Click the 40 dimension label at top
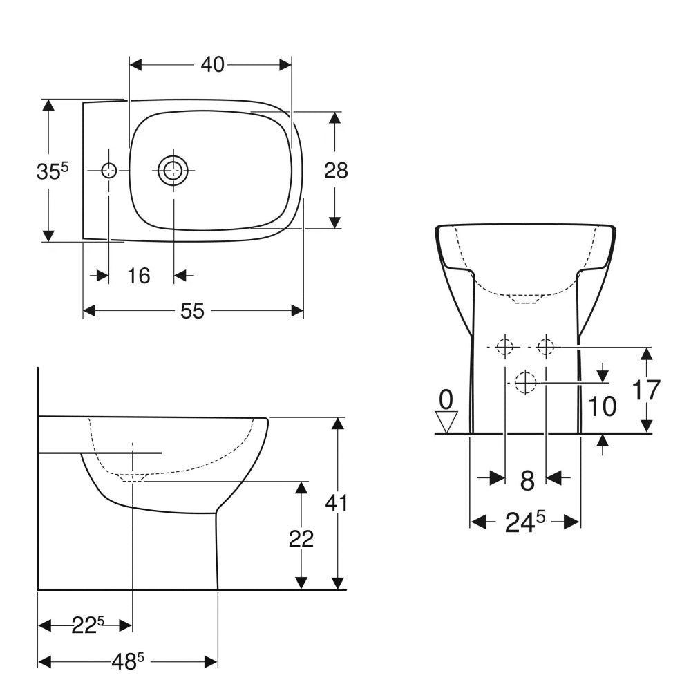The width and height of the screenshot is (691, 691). pos(212,64)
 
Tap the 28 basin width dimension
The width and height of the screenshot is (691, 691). pos(336,170)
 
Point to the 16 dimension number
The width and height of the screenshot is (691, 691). pos(139,276)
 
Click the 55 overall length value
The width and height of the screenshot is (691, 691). pos(193,312)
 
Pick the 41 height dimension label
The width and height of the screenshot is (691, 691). pos(337,503)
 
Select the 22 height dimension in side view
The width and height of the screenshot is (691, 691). pos(301,538)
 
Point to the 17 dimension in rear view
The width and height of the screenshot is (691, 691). pos(647,390)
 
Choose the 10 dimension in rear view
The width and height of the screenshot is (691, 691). pos(603,407)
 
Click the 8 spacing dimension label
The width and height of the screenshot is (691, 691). pos(527,481)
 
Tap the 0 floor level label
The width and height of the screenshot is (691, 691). pos(446,399)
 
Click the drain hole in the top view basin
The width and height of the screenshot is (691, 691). pos(173,170)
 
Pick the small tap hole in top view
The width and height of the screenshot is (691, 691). pos(109,171)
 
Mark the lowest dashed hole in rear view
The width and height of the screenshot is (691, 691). pos(526,381)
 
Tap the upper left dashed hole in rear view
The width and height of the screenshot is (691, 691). pos(505,346)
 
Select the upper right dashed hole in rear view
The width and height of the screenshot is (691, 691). pos(546,345)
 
